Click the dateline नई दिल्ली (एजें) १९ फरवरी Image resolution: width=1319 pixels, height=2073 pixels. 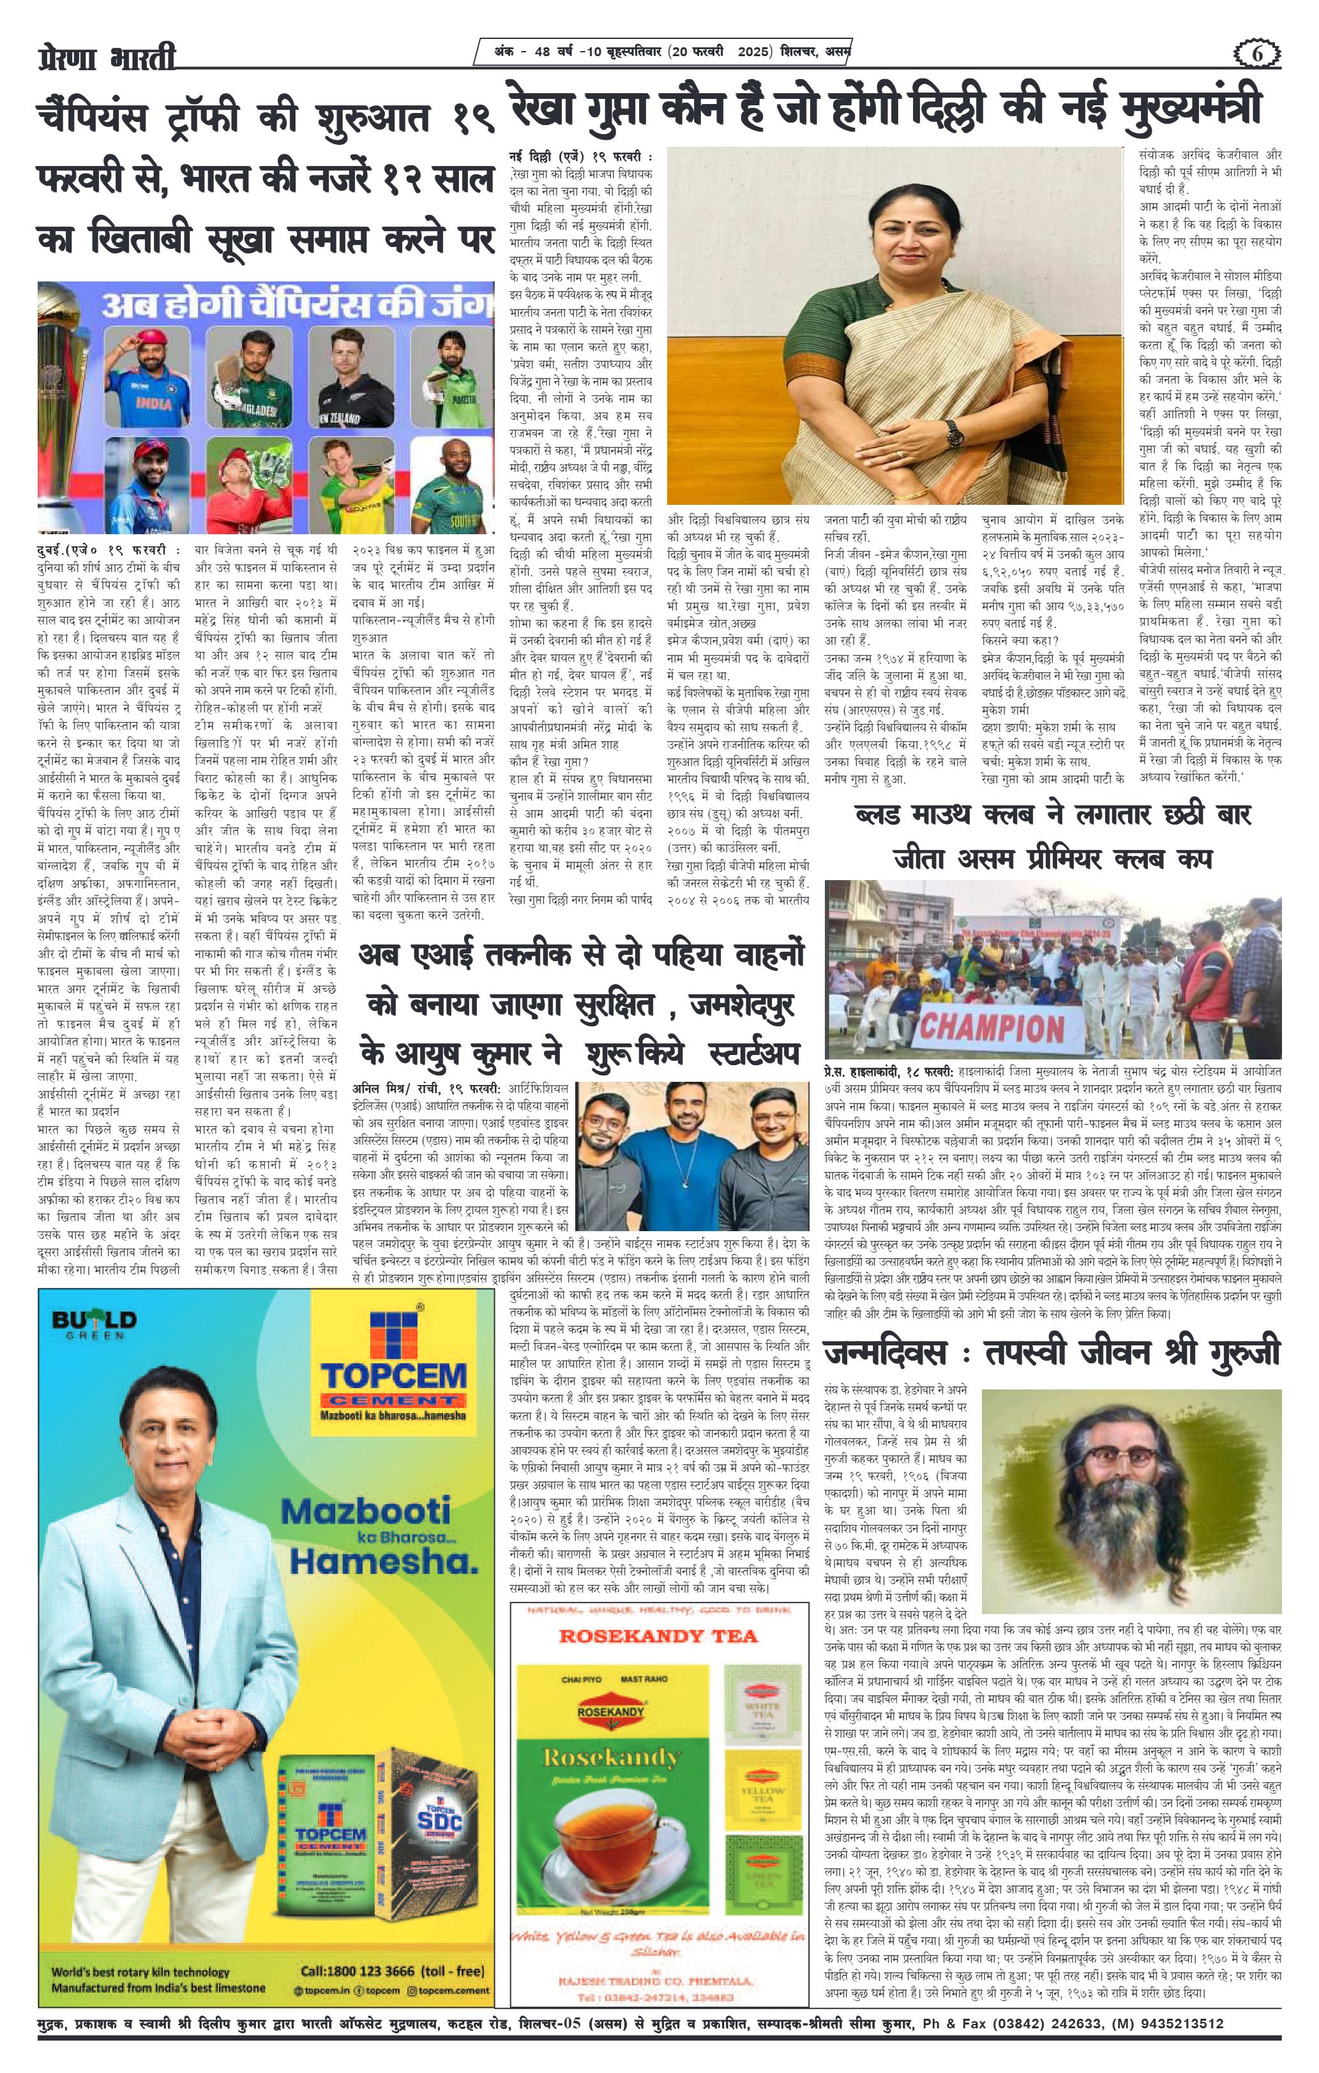580,158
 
